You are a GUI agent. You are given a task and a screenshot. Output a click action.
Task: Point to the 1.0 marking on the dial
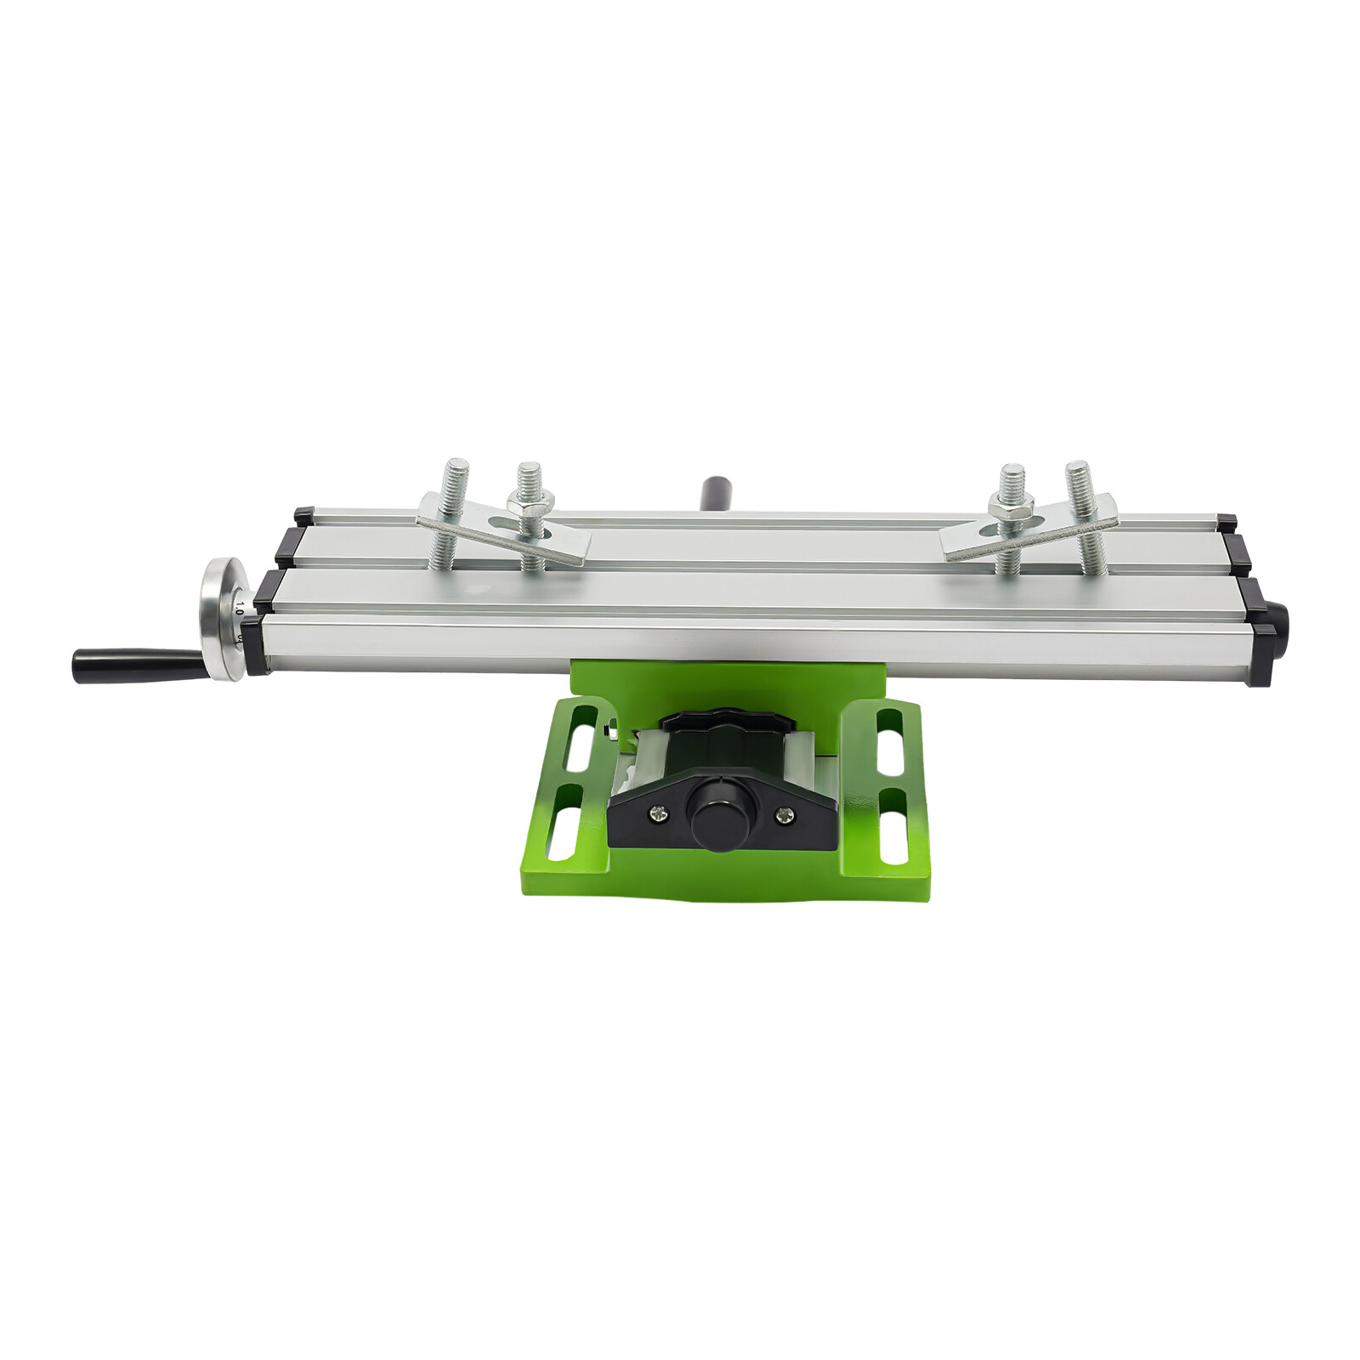click(239, 609)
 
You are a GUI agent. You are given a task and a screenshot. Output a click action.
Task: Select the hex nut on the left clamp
click(530, 502)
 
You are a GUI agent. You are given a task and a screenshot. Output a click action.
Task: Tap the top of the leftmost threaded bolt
click(456, 467)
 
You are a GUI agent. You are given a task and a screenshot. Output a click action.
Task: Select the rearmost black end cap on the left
click(304, 514)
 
